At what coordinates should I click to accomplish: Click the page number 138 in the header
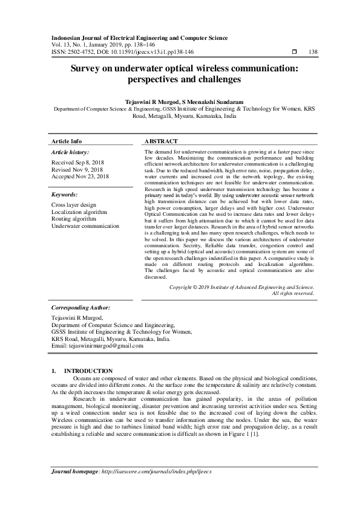pos(313,52)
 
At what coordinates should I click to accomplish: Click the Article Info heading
pos(67,141)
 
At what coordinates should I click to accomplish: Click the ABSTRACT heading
pos(161,141)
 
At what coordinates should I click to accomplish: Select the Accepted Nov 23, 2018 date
pos(80,177)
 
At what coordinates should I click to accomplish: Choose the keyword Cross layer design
pos(74,206)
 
